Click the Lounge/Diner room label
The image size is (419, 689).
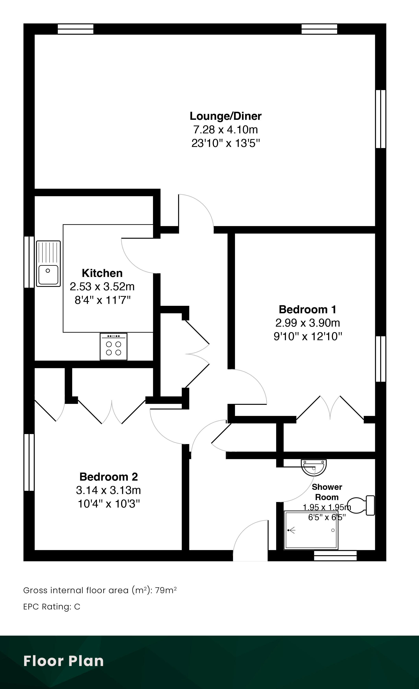[226, 116]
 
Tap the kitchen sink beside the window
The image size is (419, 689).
[48, 264]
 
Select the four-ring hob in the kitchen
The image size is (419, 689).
[113, 346]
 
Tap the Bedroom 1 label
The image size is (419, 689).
[308, 310]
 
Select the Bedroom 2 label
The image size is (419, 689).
[109, 477]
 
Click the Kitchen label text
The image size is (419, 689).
[102, 273]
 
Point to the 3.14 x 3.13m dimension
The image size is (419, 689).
[108, 490]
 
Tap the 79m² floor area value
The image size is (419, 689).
[166, 590]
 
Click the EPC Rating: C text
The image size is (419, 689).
[52, 607]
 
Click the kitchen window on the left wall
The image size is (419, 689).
[29, 262]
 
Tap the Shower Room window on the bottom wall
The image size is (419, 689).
[335, 556]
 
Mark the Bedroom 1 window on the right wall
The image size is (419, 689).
[381, 359]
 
